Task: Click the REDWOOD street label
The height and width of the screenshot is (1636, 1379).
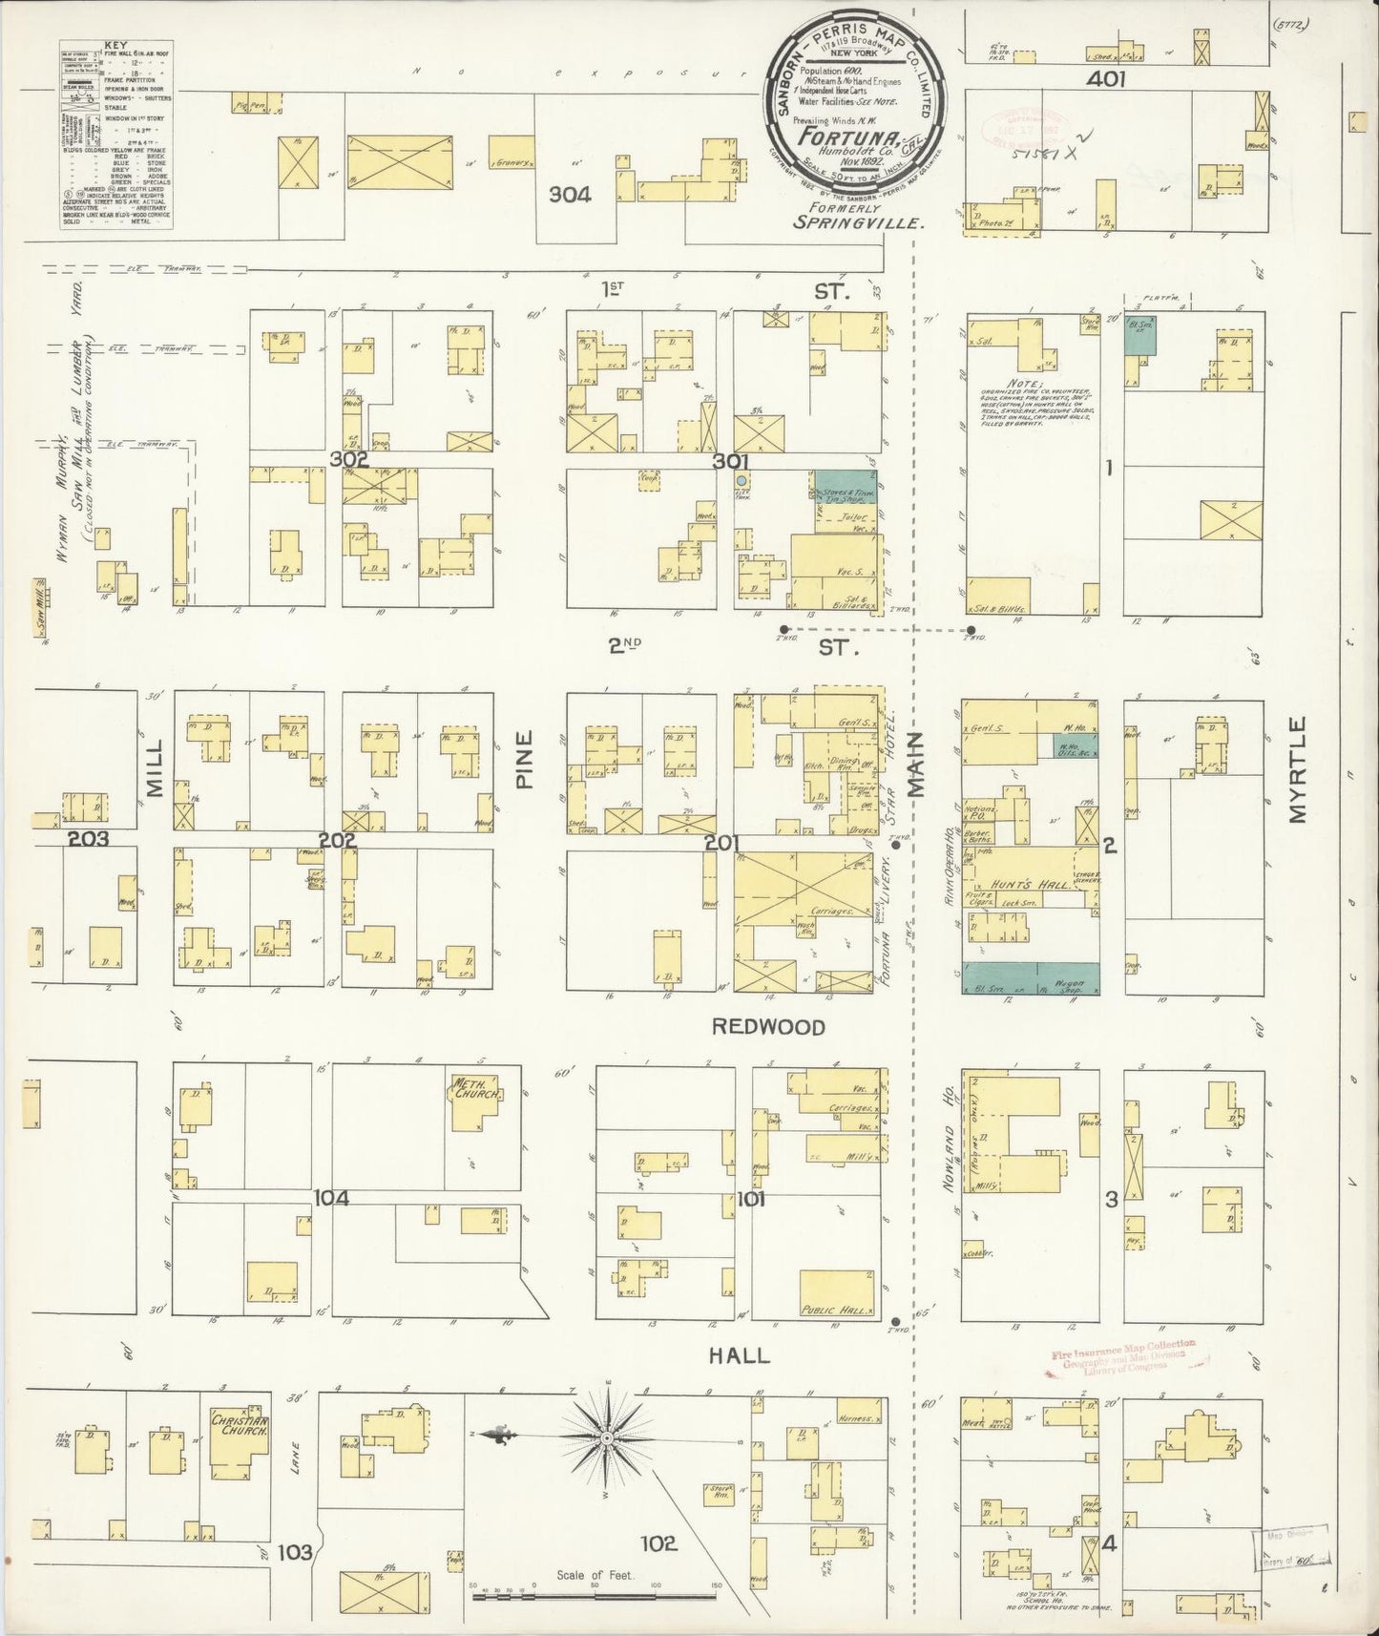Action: [767, 1027]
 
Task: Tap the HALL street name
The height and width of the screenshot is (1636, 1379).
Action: [741, 1355]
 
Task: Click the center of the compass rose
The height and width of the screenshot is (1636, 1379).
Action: [608, 1437]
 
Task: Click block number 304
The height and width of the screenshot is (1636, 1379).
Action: [569, 195]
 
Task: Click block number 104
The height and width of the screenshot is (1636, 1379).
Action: [333, 1198]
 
